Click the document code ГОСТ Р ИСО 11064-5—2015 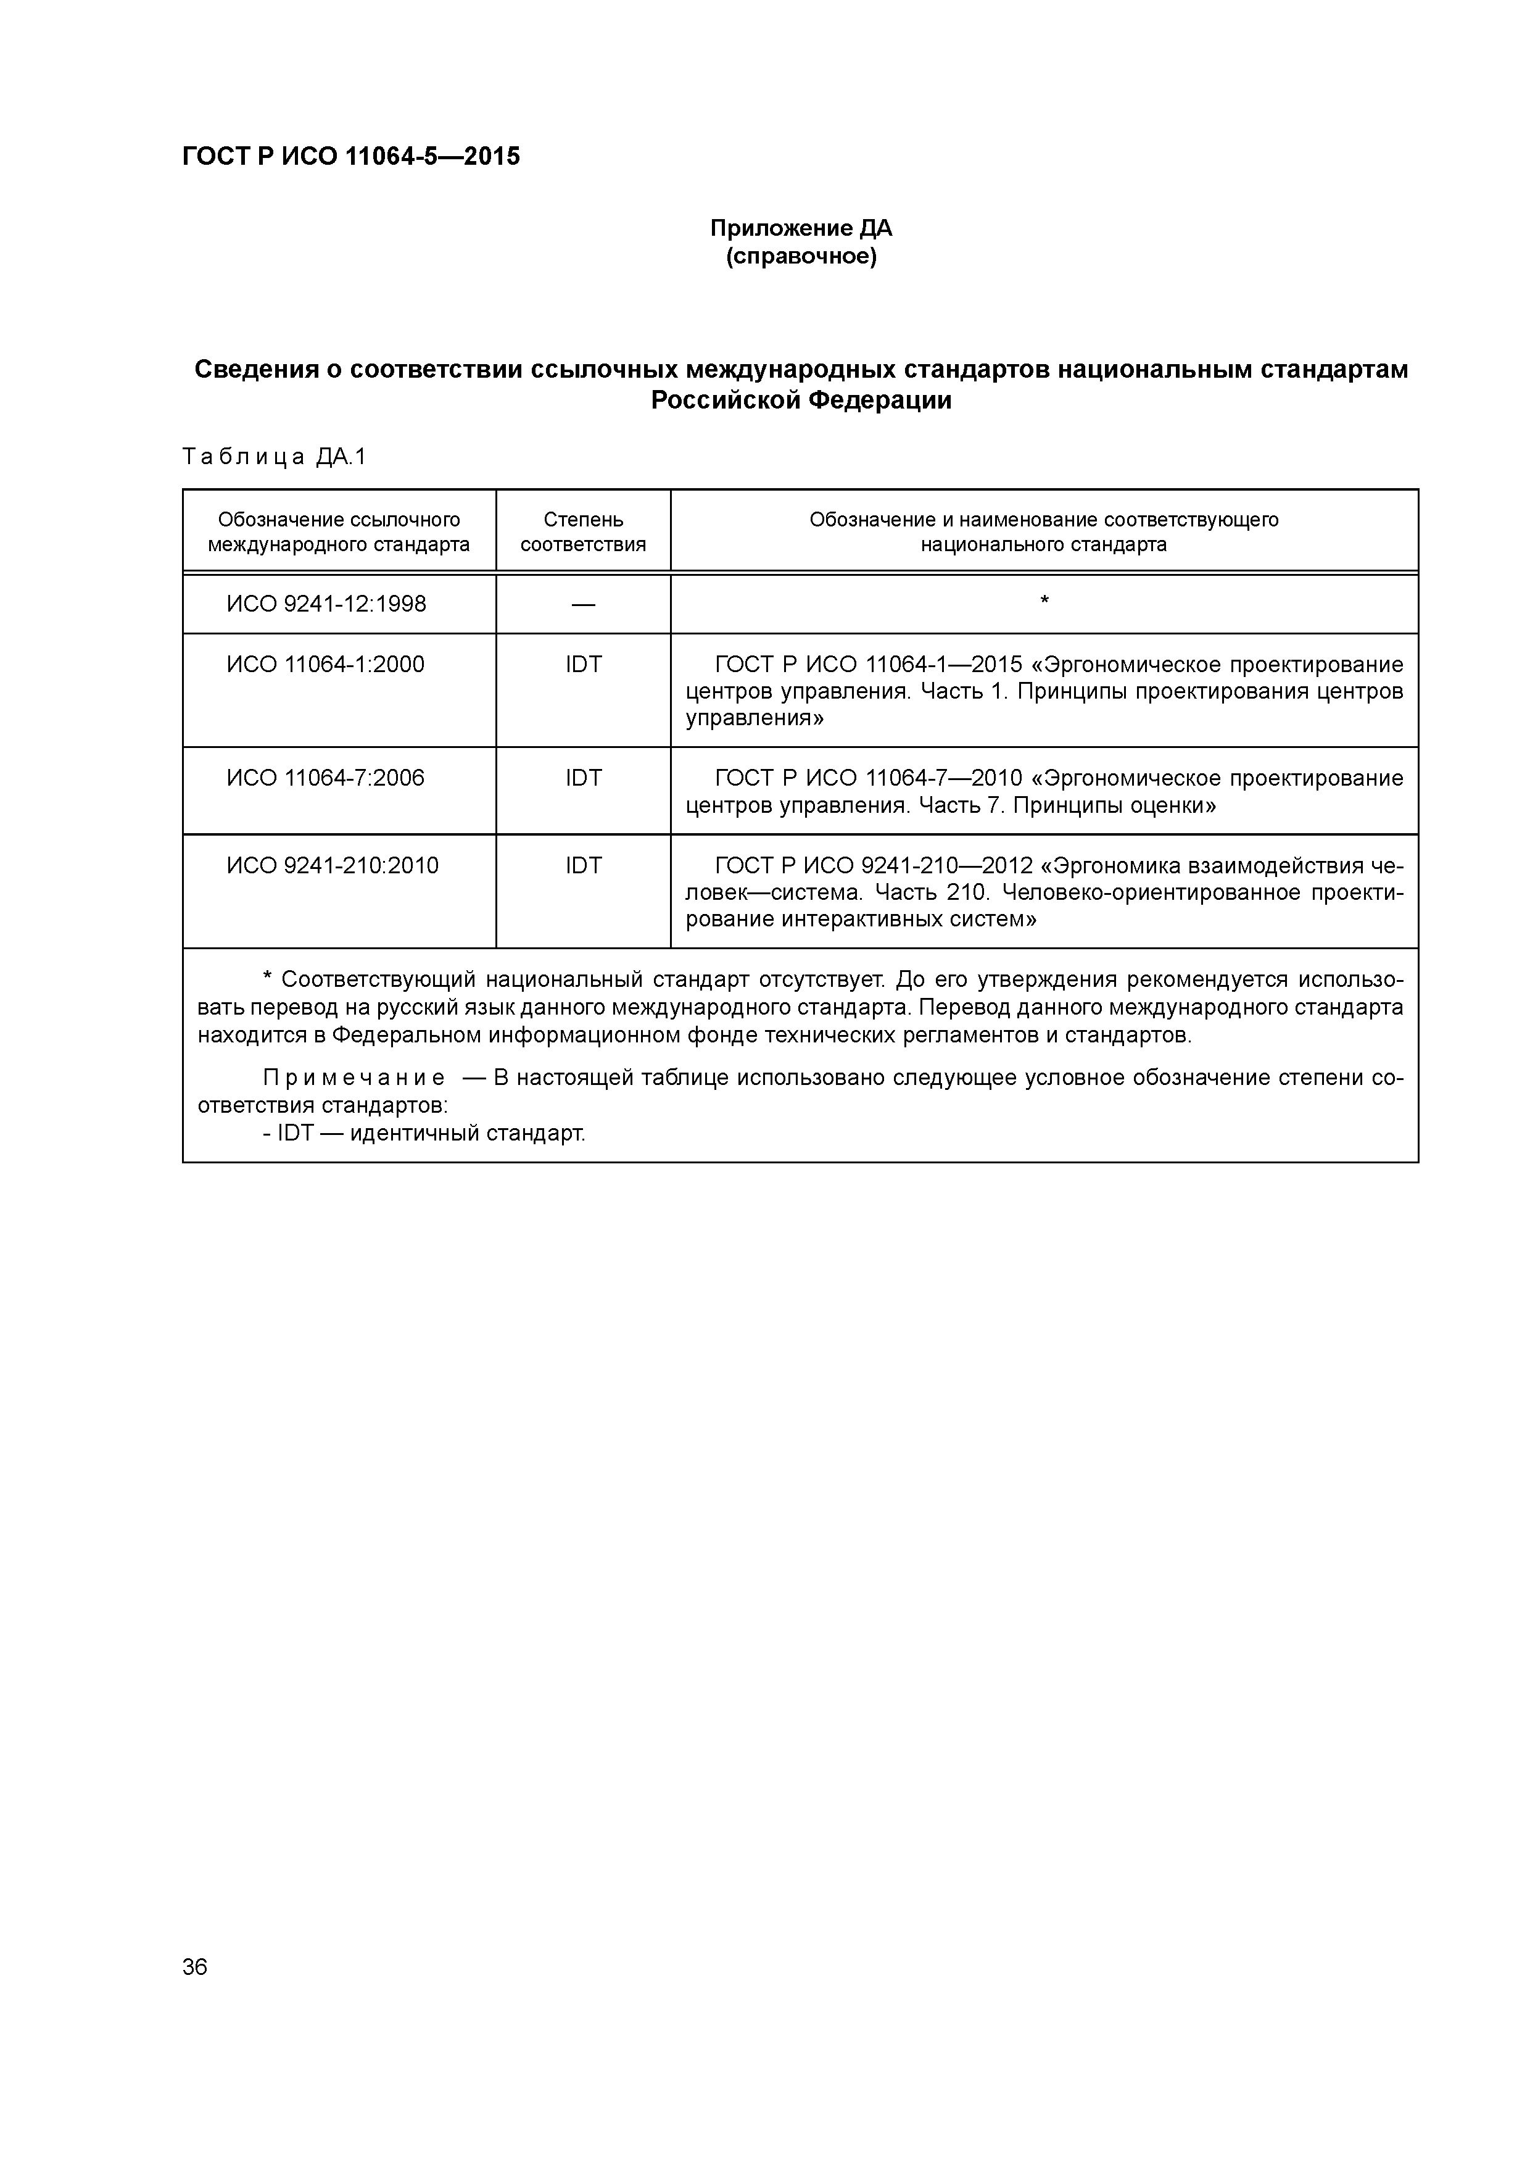pos(350,157)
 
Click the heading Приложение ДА pos(800,228)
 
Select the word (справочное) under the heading pos(800,257)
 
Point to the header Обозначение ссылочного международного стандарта pos(339,532)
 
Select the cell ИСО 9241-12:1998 pos(326,604)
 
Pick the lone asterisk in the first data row pos(1044,600)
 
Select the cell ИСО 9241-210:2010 pos(332,866)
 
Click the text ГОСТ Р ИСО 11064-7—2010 pos(868,778)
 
